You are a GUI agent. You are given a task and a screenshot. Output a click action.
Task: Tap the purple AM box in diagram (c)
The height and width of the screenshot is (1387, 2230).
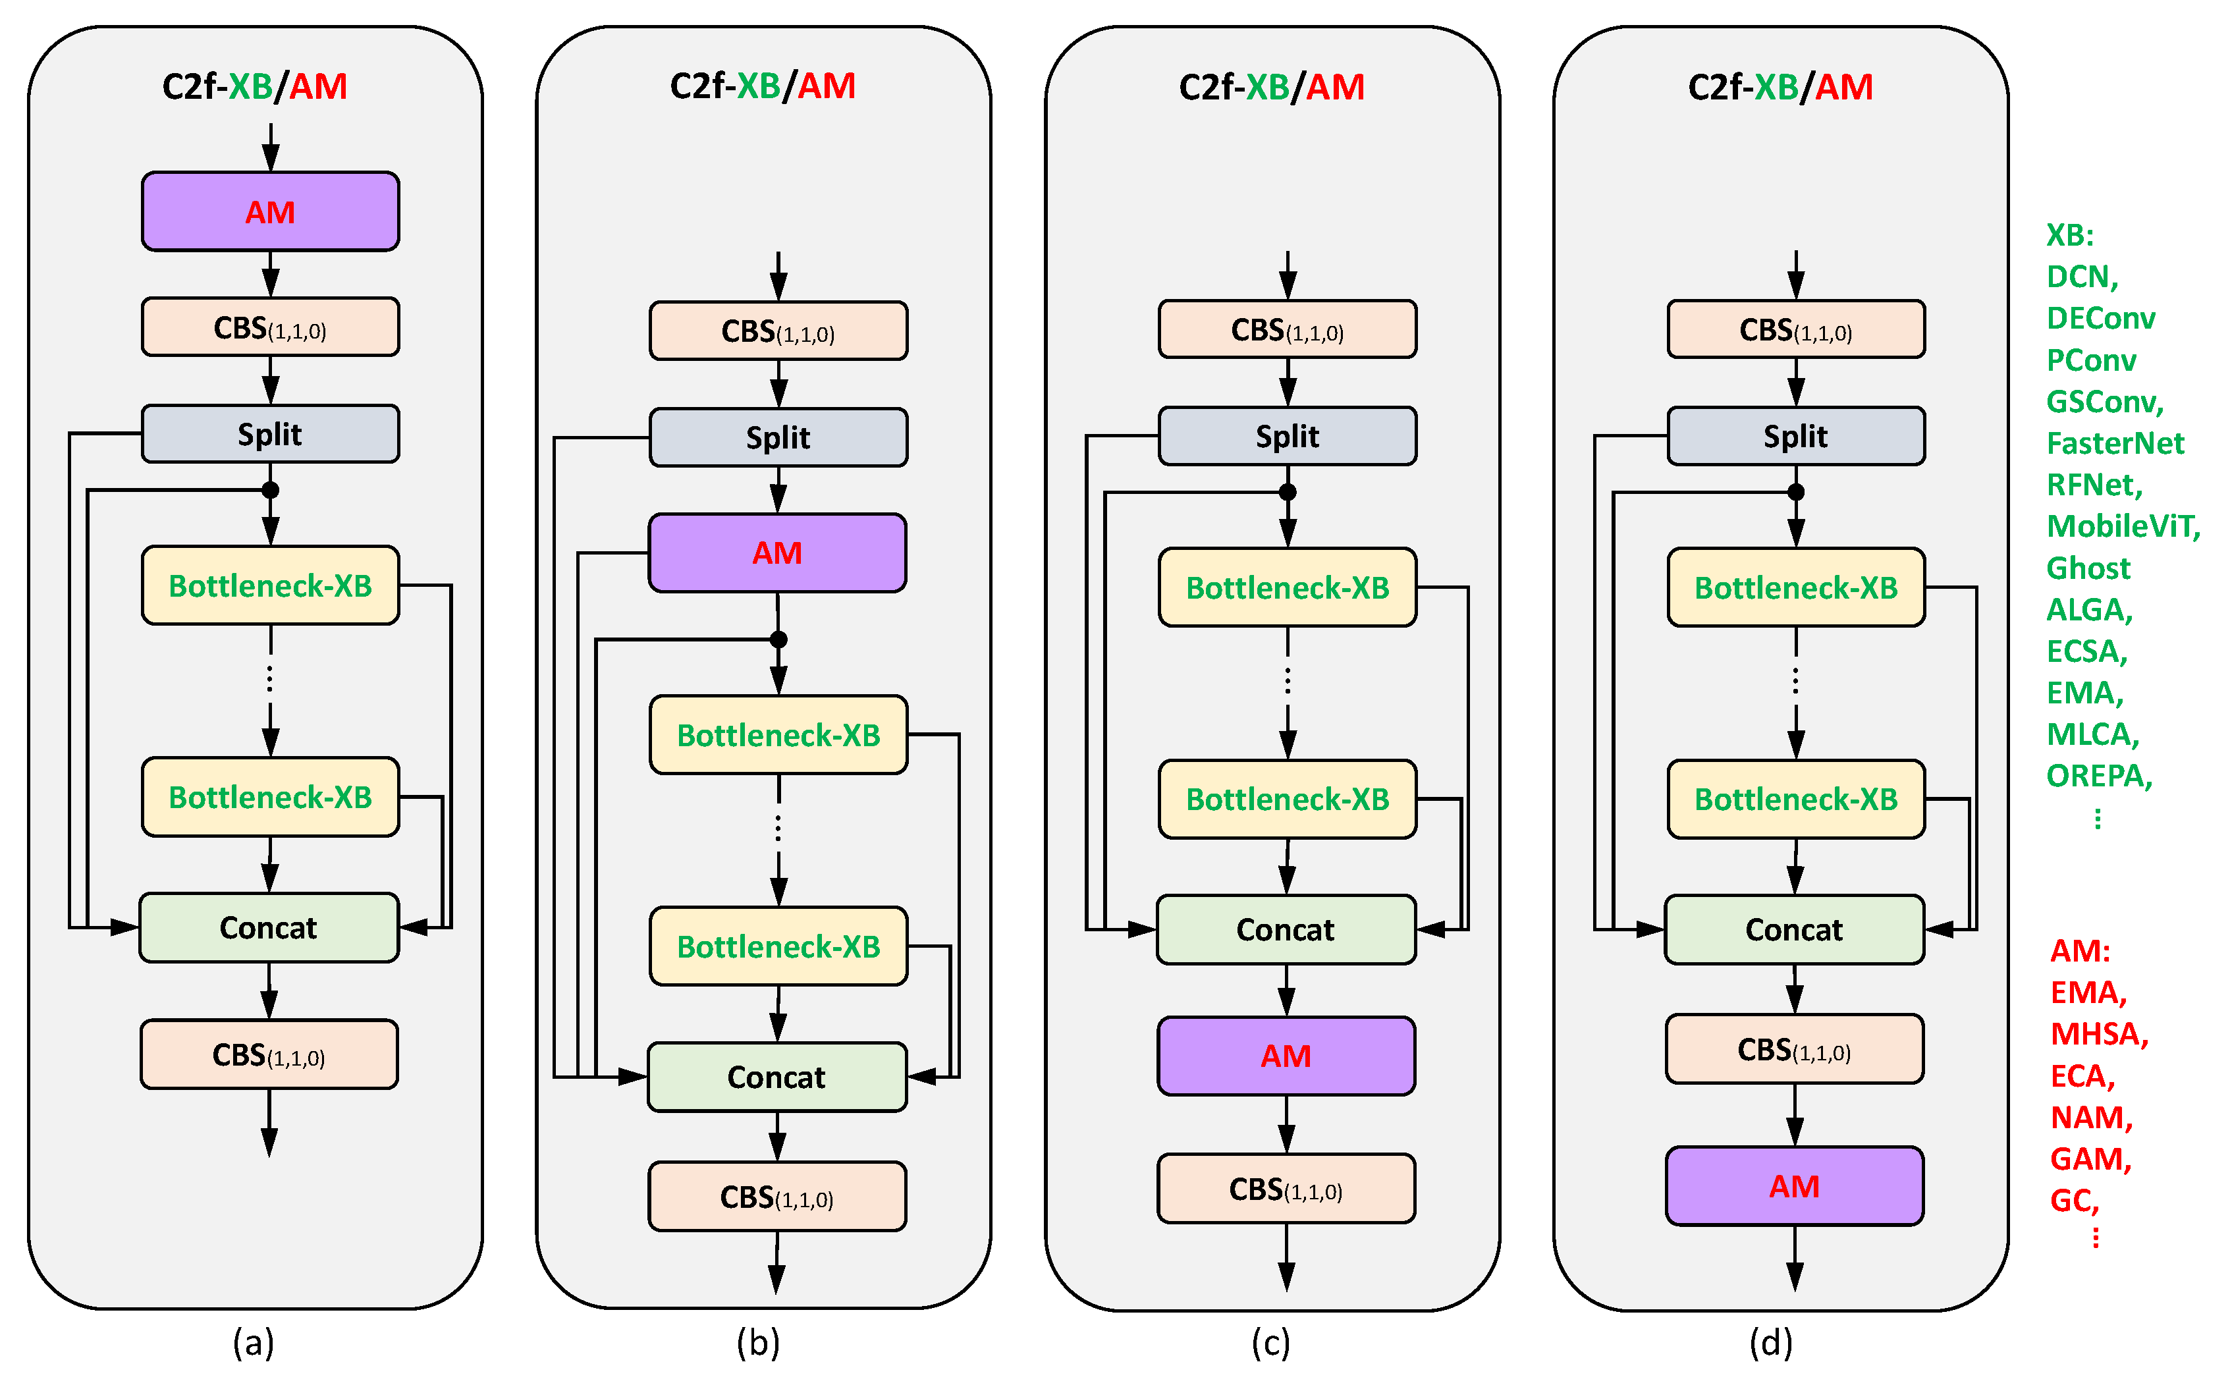[1286, 1056]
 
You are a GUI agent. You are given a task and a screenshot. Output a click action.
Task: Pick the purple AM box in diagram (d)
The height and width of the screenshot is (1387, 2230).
[1794, 1186]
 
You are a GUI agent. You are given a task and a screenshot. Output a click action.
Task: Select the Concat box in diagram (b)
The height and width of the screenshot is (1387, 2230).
[777, 1077]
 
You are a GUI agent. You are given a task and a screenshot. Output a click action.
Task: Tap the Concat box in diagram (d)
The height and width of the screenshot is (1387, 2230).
[1794, 929]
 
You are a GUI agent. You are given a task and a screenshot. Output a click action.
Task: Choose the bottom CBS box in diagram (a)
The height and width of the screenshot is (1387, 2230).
[269, 1054]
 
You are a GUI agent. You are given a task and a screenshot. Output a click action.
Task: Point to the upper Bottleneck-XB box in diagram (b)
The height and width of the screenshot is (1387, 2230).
[778, 735]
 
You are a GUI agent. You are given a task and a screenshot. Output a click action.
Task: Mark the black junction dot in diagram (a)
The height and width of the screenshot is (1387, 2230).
[269, 490]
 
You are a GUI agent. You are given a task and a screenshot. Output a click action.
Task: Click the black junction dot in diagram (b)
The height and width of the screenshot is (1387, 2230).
[778, 639]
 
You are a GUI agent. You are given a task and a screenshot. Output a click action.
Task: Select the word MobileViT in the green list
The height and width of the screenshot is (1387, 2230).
[2122, 527]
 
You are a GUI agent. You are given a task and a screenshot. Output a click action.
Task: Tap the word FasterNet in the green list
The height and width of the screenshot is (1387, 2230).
[2115, 443]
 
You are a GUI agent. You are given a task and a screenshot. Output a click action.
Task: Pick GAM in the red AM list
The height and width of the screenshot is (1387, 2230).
[2090, 1158]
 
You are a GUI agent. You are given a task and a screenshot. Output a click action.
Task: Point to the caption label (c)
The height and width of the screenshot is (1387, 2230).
[1270, 1342]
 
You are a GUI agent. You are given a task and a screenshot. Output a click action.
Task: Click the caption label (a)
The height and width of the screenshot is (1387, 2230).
[253, 1342]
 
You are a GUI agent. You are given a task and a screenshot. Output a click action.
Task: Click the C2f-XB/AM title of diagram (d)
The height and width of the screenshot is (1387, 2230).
[1780, 87]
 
